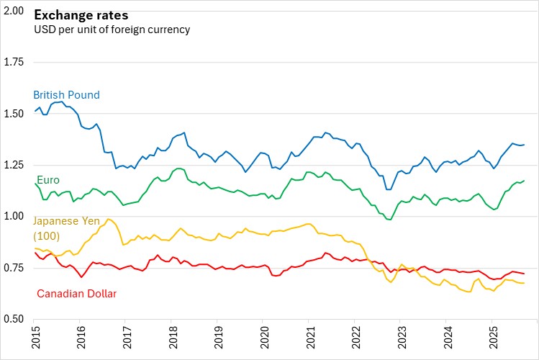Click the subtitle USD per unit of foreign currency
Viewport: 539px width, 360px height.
coord(112,30)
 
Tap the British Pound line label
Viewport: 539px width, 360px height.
coord(66,95)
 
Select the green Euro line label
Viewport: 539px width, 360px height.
coord(47,179)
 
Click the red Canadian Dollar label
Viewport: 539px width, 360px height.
coord(76,293)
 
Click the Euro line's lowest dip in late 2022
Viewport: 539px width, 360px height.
coord(390,220)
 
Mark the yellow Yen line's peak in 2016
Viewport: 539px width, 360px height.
coord(109,219)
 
